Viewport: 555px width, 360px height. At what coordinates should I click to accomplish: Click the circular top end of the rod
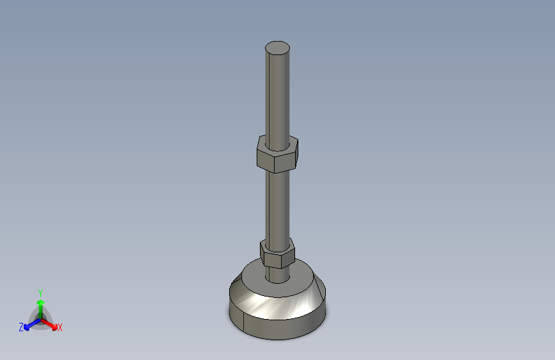point(278,48)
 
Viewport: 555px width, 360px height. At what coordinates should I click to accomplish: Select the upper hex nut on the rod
point(278,154)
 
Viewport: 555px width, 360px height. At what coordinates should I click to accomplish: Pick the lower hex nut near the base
point(278,253)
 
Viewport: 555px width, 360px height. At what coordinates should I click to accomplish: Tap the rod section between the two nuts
point(278,206)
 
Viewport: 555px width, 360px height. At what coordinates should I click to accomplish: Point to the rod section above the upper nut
point(278,95)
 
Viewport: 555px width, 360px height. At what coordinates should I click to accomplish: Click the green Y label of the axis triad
point(40,293)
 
